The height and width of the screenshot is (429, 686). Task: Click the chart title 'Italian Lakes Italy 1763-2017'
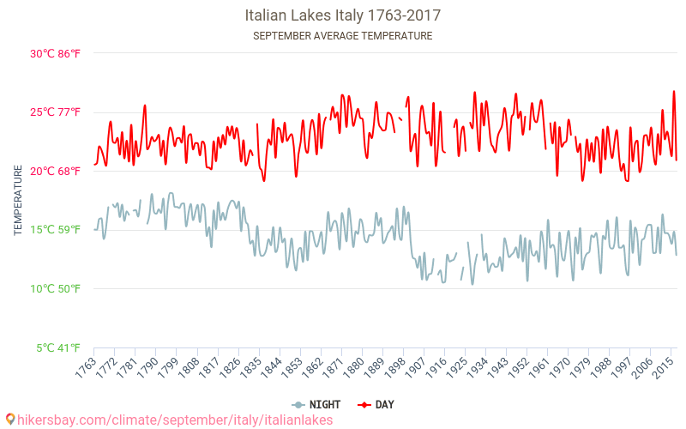[x=343, y=15]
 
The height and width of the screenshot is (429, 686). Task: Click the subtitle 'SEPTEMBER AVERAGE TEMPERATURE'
[x=343, y=36]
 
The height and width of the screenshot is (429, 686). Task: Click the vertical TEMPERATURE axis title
[x=18, y=201]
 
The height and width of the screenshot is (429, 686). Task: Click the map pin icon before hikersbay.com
[x=9, y=420]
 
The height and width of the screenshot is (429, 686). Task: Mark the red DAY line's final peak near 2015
[x=674, y=91]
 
